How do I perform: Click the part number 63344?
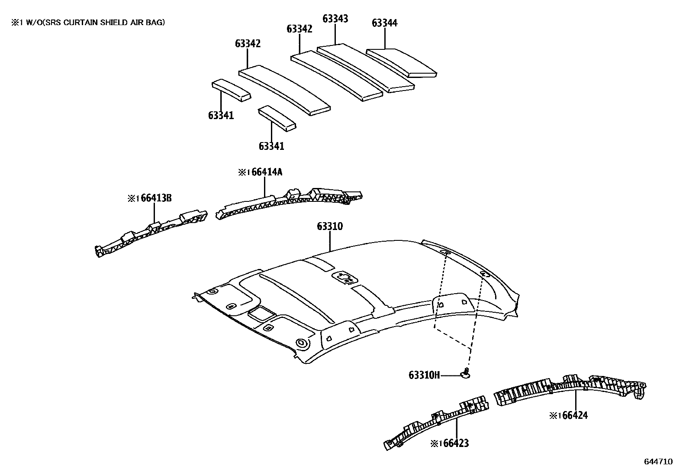coord(384,23)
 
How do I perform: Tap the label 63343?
coord(335,19)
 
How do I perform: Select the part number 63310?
coord(330,227)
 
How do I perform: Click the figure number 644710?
coord(658,462)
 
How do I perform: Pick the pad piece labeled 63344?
coord(402,63)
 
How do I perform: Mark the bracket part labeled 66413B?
coord(151,232)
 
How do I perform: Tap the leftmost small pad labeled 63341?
coord(231,90)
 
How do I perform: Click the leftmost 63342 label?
coord(248,44)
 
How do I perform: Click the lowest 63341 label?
coord(271,146)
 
